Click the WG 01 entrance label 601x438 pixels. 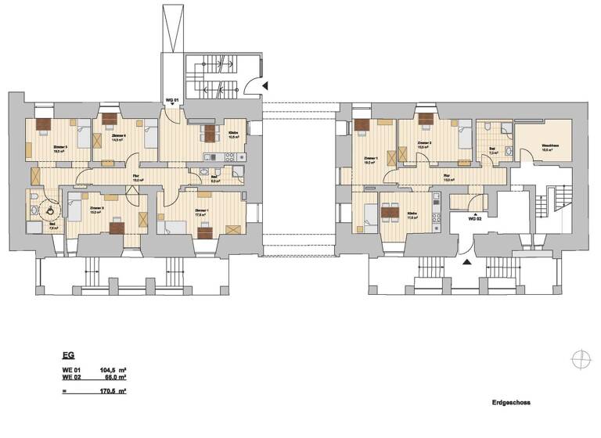click(x=173, y=100)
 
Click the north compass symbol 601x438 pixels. click(x=581, y=359)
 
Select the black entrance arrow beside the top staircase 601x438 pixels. click(x=265, y=85)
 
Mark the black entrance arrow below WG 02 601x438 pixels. click(x=468, y=264)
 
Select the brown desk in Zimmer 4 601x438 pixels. click(x=109, y=120)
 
